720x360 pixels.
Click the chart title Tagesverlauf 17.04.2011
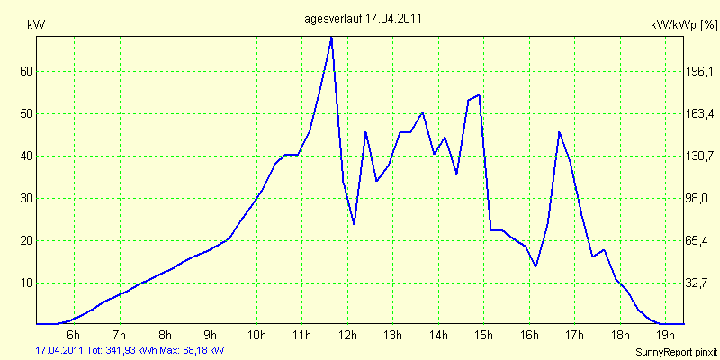point(359,18)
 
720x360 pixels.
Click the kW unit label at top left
point(37,25)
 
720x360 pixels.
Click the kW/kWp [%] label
point(682,27)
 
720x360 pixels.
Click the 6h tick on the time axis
point(75,336)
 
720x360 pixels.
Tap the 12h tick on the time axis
point(346,336)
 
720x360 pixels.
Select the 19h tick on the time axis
point(665,336)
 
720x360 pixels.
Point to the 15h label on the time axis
point(483,336)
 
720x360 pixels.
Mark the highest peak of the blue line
point(331,37)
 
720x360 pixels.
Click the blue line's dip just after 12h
point(354,223)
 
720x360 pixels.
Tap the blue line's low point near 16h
point(536,266)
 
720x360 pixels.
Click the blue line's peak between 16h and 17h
point(559,132)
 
